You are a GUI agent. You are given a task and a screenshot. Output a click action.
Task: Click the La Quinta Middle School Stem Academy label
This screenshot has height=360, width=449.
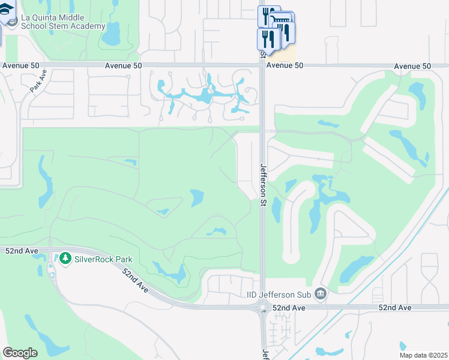coord(63,22)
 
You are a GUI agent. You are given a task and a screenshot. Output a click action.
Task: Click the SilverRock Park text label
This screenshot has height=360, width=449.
coord(103,259)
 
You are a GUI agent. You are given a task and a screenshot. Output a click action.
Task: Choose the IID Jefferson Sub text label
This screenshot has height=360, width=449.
coord(280,294)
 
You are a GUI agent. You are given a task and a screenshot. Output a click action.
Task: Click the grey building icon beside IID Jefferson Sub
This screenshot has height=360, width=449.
coord(322,294)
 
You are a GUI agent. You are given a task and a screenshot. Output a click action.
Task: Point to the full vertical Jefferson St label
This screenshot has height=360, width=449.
coord(263,185)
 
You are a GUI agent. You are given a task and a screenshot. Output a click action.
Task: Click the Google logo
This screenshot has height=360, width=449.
coord(20,353)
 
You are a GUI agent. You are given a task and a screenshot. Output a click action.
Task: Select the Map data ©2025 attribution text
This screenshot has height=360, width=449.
coord(423,355)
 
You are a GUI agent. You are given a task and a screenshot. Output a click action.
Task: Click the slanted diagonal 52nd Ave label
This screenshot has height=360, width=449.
coord(135,280)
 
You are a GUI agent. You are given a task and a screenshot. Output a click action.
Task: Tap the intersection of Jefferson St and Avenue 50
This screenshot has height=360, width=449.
coord(263,64)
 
